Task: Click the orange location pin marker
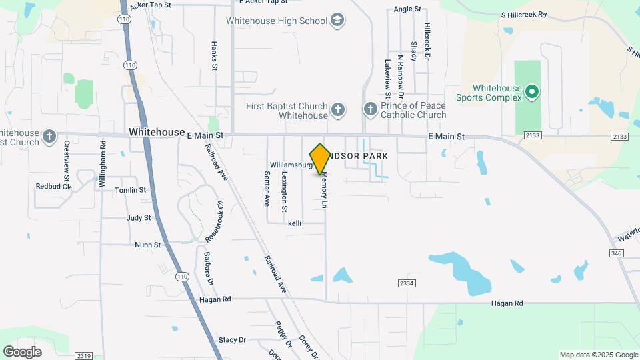click(320, 159)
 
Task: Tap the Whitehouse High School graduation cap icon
click(338, 21)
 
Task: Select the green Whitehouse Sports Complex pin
click(531, 91)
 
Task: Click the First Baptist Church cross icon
click(338, 109)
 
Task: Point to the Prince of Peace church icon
click(371, 109)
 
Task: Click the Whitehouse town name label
click(157, 133)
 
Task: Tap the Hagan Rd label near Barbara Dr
click(215, 300)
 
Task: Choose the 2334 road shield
click(407, 284)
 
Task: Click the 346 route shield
click(616, 253)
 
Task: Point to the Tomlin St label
click(130, 190)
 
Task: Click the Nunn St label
click(147, 245)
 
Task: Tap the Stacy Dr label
click(232, 340)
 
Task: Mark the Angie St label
click(407, 9)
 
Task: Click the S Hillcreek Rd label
click(523, 14)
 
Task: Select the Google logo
click(22, 351)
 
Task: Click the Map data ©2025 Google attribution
click(597, 355)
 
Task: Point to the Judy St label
click(138, 218)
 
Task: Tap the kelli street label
click(295, 223)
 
